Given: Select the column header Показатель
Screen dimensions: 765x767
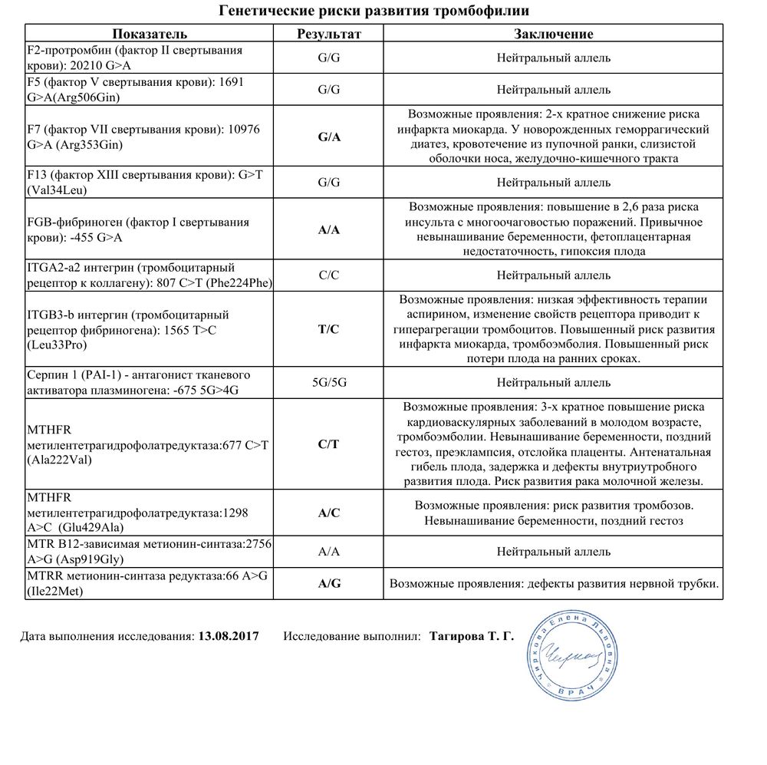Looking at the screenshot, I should click(150, 34).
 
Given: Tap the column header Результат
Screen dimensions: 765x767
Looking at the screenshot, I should click(329, 34).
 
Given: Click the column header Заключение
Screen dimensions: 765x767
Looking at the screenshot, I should click(553, 34).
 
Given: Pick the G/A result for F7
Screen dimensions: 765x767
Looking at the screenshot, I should click(329, 137).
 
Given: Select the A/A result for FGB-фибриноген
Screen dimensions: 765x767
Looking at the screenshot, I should click(329, 230).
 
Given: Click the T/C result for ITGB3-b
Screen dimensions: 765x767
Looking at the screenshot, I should click(329, 329).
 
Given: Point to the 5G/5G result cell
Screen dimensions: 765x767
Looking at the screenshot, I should click(329, 382).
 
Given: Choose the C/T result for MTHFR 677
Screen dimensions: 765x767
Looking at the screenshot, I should click(329, 444).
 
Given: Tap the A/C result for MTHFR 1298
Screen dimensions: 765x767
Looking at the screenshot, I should click(329, 513).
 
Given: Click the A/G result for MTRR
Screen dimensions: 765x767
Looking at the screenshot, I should click(329, 584).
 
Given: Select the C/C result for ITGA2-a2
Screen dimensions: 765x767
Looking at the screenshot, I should click(329, 275).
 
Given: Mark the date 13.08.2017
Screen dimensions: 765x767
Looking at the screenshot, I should click(228, 636).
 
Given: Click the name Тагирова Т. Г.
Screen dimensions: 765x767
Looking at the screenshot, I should click(472, 636).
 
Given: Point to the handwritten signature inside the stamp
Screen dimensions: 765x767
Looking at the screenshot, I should click(569, 654).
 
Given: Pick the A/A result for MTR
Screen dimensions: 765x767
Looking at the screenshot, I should click(329, 552).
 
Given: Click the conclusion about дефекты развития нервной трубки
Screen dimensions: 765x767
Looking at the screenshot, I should click(554, 584).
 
